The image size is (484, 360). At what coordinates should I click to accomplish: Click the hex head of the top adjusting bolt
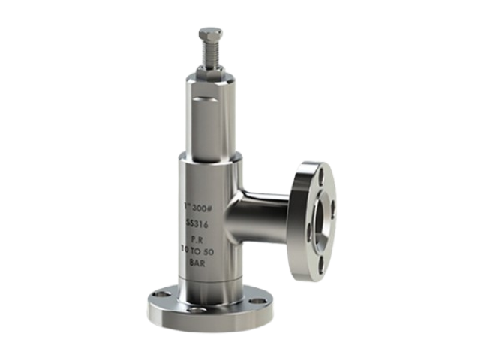pyautogui.click(x=211, y=32)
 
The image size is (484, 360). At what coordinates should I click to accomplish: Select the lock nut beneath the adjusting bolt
pyautogui.click(x=211, y=70)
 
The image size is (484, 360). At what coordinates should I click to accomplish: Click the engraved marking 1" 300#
pyautogui.click(x=198, y=206)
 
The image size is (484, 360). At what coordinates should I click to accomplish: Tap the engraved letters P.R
pyautogui.click(x=199, y=241)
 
